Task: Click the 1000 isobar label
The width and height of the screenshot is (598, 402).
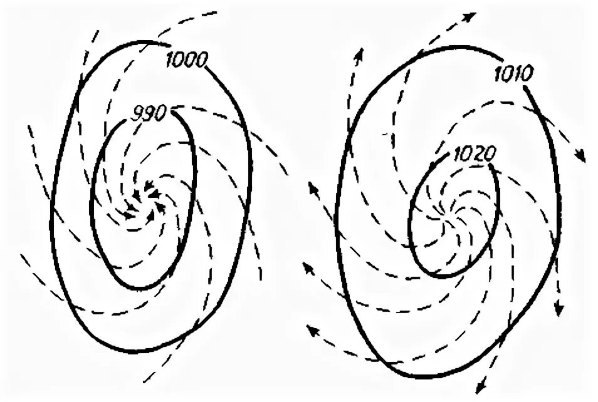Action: point(186,60)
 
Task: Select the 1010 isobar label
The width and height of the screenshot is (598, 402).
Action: point(513,74)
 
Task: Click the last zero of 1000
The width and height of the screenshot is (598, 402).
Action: point(202,60)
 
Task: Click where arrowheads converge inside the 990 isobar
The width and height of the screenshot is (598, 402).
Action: point(144,200)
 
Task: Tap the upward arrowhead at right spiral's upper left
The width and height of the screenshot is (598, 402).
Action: point(360,54)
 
